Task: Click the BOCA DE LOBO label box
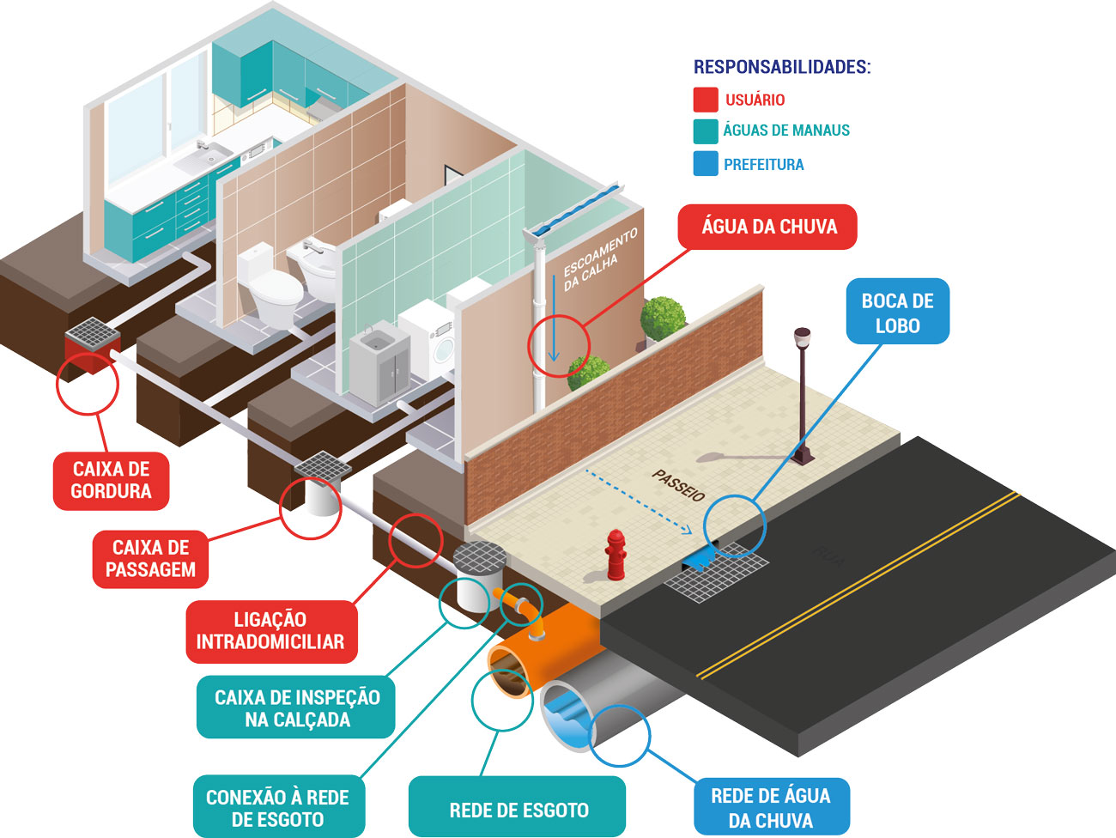(897, 313)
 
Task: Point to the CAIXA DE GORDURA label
(111, 480)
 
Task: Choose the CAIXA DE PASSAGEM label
(150, 558)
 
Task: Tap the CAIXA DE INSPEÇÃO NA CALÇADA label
(296, 708)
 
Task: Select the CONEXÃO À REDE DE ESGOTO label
(277, 808)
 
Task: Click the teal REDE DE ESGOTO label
(518, 811)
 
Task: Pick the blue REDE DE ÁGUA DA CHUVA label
(770, 808)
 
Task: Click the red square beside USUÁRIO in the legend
(705, 100)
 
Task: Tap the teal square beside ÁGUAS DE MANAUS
(705, 131)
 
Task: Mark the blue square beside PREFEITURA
(705, 164)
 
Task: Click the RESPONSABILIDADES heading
(781, 67)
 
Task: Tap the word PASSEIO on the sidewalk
(678, 485)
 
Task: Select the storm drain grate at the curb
(715, 574)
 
